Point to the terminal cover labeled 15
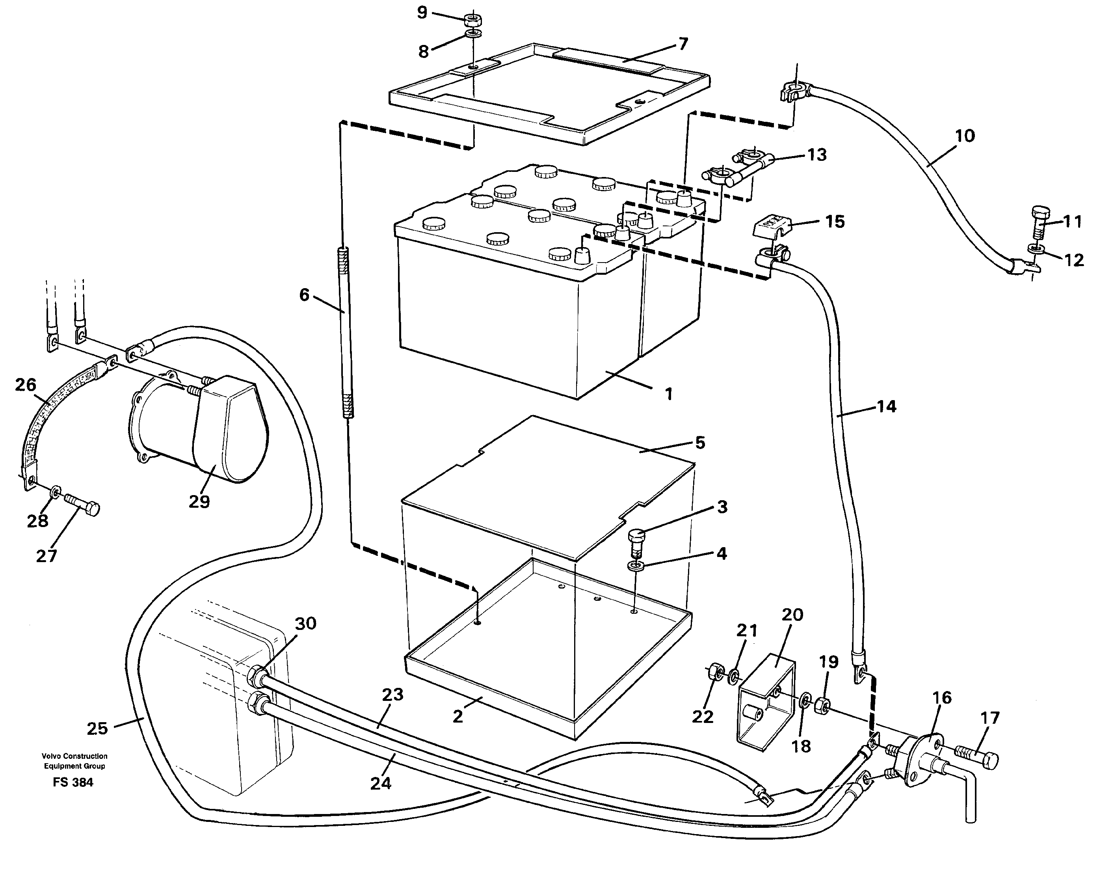772,225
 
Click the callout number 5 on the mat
700,443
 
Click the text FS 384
73,782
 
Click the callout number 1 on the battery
668,394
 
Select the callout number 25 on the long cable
97,728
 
